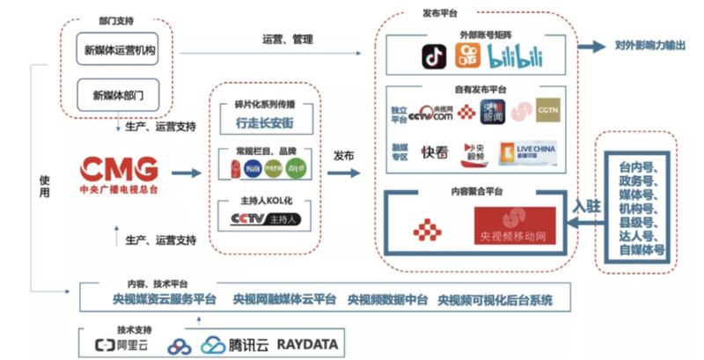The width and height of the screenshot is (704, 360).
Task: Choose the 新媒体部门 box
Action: point(119,92)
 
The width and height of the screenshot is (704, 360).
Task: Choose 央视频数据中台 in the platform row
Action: point(387,300)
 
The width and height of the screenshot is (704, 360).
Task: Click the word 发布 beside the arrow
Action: point(344,154)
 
